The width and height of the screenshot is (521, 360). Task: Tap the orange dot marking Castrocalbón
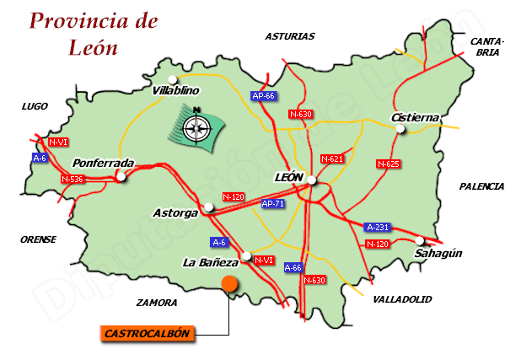point(228,285)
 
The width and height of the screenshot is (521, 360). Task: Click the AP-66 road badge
point(264,96)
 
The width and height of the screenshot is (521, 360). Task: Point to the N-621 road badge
point(332,159)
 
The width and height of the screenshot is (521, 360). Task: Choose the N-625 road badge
point(388,164)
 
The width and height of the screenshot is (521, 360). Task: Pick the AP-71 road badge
point(272,204)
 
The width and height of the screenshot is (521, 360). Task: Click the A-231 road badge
point(378,227)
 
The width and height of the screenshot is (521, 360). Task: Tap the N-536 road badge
point(73,179)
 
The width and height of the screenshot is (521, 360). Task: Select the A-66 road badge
point(293,267)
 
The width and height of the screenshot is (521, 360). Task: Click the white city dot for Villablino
point(173,80)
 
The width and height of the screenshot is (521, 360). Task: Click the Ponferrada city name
point(104,163)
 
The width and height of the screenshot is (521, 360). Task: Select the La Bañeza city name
point(211,262)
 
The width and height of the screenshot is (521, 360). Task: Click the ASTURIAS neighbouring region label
point(289,36)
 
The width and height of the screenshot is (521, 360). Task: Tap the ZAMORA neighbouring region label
point(157,302)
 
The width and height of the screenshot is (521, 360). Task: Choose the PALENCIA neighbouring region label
point(481,186)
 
